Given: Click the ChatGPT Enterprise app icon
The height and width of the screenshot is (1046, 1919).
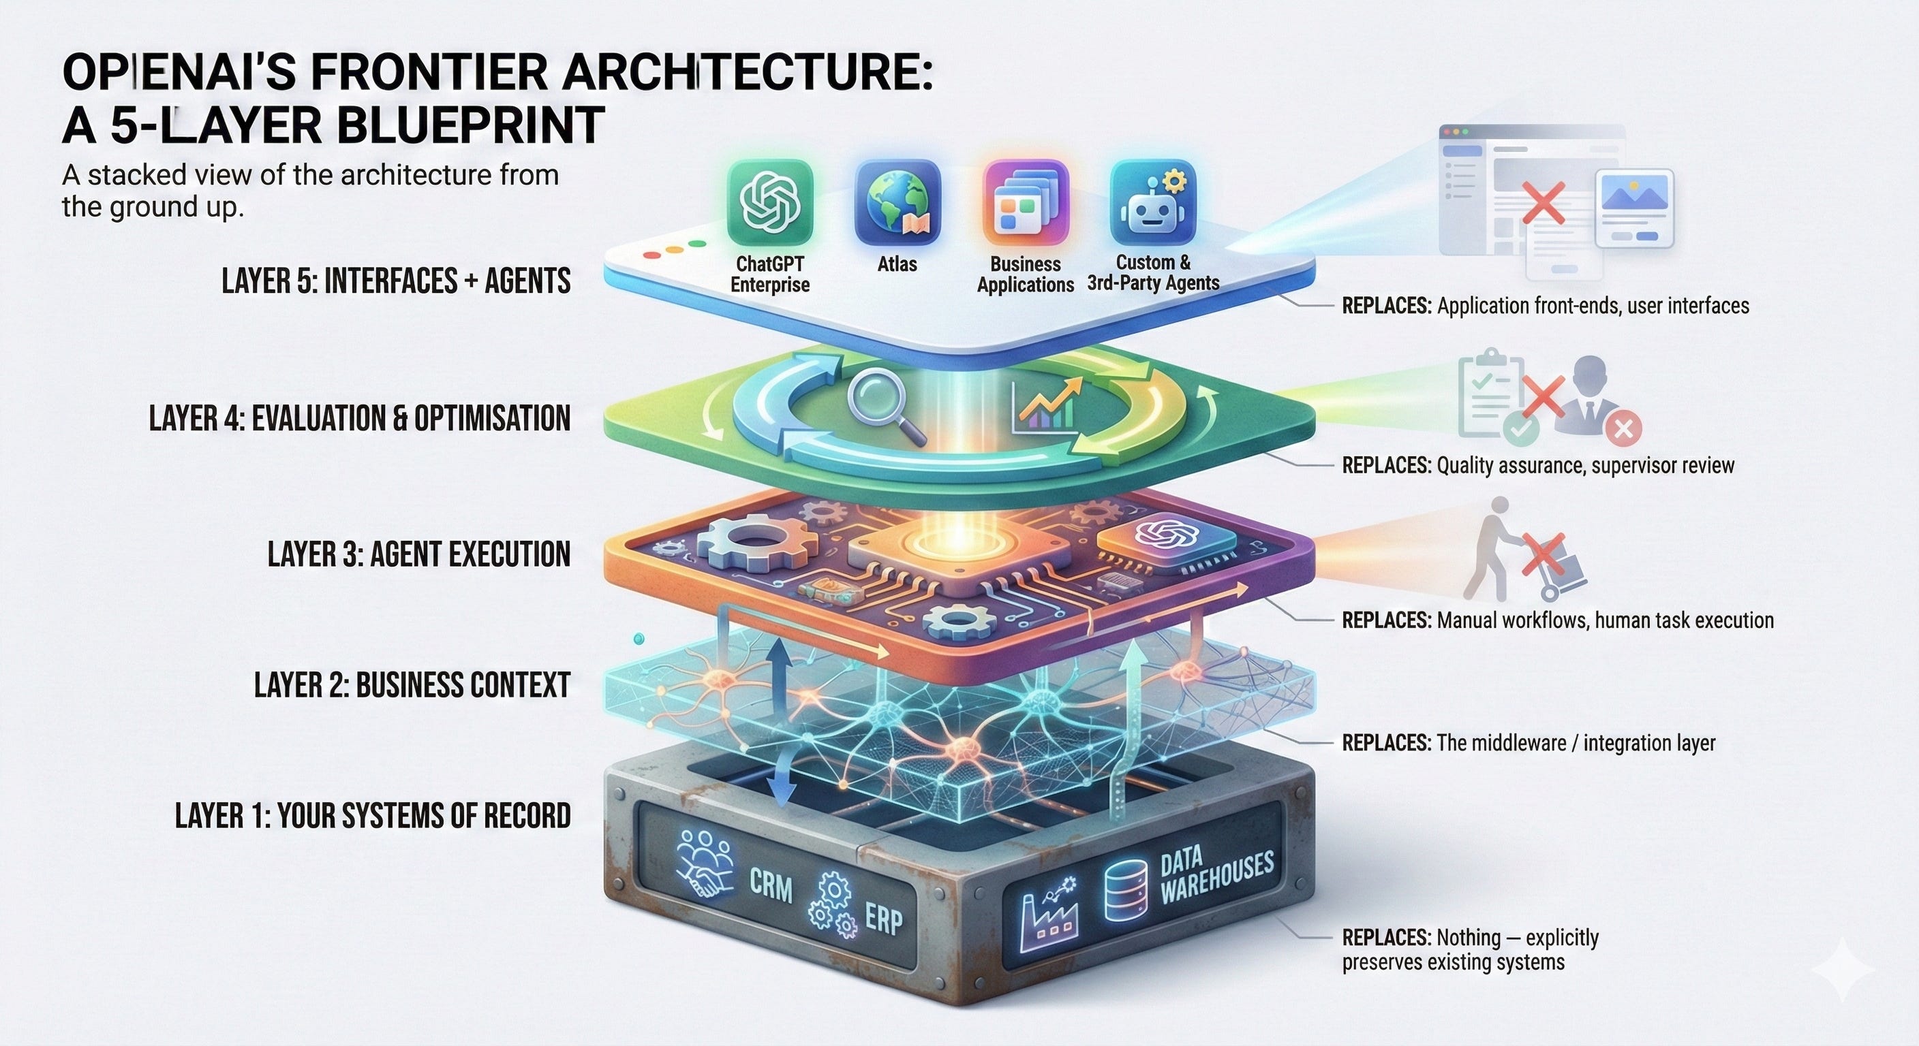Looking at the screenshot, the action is (x=769, y=202).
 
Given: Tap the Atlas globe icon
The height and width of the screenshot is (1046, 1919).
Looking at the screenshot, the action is (x=897, y=202).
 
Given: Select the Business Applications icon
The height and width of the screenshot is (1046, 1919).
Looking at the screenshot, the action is (x=1025, y=202).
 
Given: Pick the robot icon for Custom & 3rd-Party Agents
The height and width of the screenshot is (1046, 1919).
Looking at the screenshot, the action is (x=1152, y=202).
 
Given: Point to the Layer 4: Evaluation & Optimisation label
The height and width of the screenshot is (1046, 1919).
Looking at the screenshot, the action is (x=359, y=418).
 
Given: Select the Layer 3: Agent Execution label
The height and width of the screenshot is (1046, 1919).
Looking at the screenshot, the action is (x=418, y=554).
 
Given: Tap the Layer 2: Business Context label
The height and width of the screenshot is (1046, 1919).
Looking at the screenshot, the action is (x=412, y=685).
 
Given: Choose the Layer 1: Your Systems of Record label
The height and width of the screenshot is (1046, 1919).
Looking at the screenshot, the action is (x=373, y=816).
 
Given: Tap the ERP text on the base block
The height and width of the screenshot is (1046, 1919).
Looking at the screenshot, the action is (x=883, y=920).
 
